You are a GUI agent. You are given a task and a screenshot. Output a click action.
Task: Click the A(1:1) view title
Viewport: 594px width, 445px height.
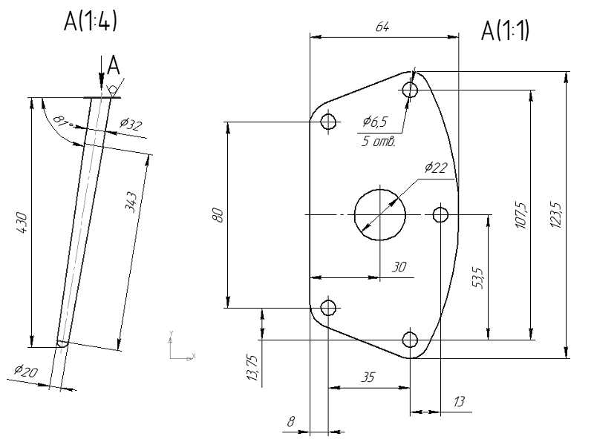pos(506,31)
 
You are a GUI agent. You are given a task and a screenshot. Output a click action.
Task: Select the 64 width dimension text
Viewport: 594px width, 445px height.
pos(383,27)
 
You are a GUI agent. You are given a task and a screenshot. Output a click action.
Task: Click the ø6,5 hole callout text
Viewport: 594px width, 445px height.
pos(375,121)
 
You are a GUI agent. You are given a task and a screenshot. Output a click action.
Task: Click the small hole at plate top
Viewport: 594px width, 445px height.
pos(410,90)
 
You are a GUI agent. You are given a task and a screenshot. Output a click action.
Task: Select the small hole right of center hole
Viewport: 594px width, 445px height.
pos(440,215)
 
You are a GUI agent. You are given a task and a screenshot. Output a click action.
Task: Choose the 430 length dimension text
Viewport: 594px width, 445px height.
pos(22,222)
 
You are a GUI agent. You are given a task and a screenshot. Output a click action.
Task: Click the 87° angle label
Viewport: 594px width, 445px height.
pos(65,119)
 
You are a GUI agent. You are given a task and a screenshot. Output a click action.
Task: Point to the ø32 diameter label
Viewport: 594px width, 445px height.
pos(131,125)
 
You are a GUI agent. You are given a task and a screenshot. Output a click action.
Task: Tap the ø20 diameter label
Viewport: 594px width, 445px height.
pos(25,371)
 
